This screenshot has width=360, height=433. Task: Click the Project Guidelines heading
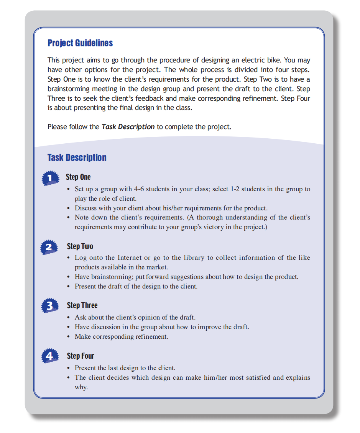(80, 43)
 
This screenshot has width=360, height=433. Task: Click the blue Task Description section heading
(77, 157)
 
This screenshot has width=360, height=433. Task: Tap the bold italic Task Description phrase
(128, 126)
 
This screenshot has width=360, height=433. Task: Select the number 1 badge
(50, 178)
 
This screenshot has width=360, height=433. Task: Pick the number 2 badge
(49, 248)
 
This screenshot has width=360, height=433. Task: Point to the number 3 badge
(49, 306)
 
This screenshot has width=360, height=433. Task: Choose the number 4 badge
(49, 356)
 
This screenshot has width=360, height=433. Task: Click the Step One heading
(78, 177)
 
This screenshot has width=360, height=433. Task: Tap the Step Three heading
(82, 305)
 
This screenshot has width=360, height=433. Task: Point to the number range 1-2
(235, 189)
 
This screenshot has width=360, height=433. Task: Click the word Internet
(130, 258)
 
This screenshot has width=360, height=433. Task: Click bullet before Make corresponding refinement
(69, 337)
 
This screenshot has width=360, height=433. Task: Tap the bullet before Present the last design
(69, 368)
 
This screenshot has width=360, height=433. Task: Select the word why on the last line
(81, 387)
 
